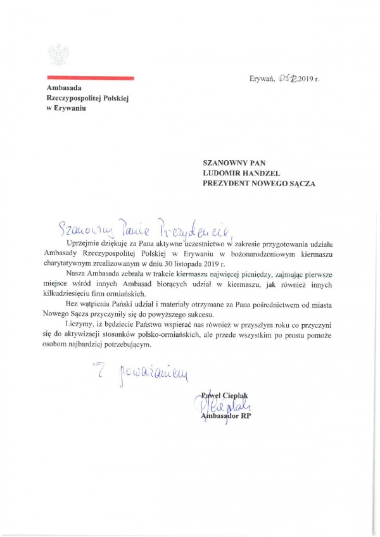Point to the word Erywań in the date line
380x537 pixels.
(262, 79)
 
